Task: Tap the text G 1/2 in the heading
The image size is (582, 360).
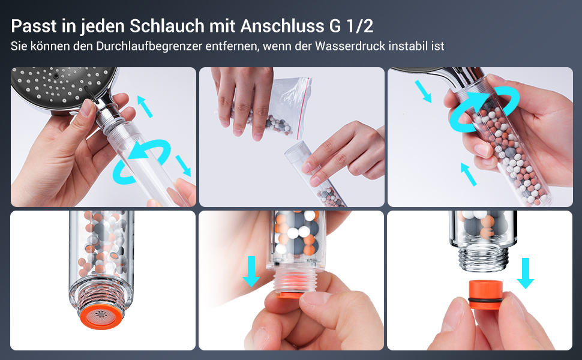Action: [351, 26]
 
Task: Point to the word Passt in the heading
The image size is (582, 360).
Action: [34, 26]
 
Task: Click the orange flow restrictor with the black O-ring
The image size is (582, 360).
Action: [485, 295]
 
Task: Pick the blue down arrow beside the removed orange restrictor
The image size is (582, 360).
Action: [525, 273]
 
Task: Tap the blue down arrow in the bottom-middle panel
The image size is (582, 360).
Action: [251, 271]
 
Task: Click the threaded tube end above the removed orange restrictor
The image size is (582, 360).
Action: [482, 258]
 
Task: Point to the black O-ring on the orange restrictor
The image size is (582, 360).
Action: [485, 299]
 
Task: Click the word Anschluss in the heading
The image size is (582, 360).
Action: [282, 26]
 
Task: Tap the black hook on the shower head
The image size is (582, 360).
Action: [91, 95]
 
